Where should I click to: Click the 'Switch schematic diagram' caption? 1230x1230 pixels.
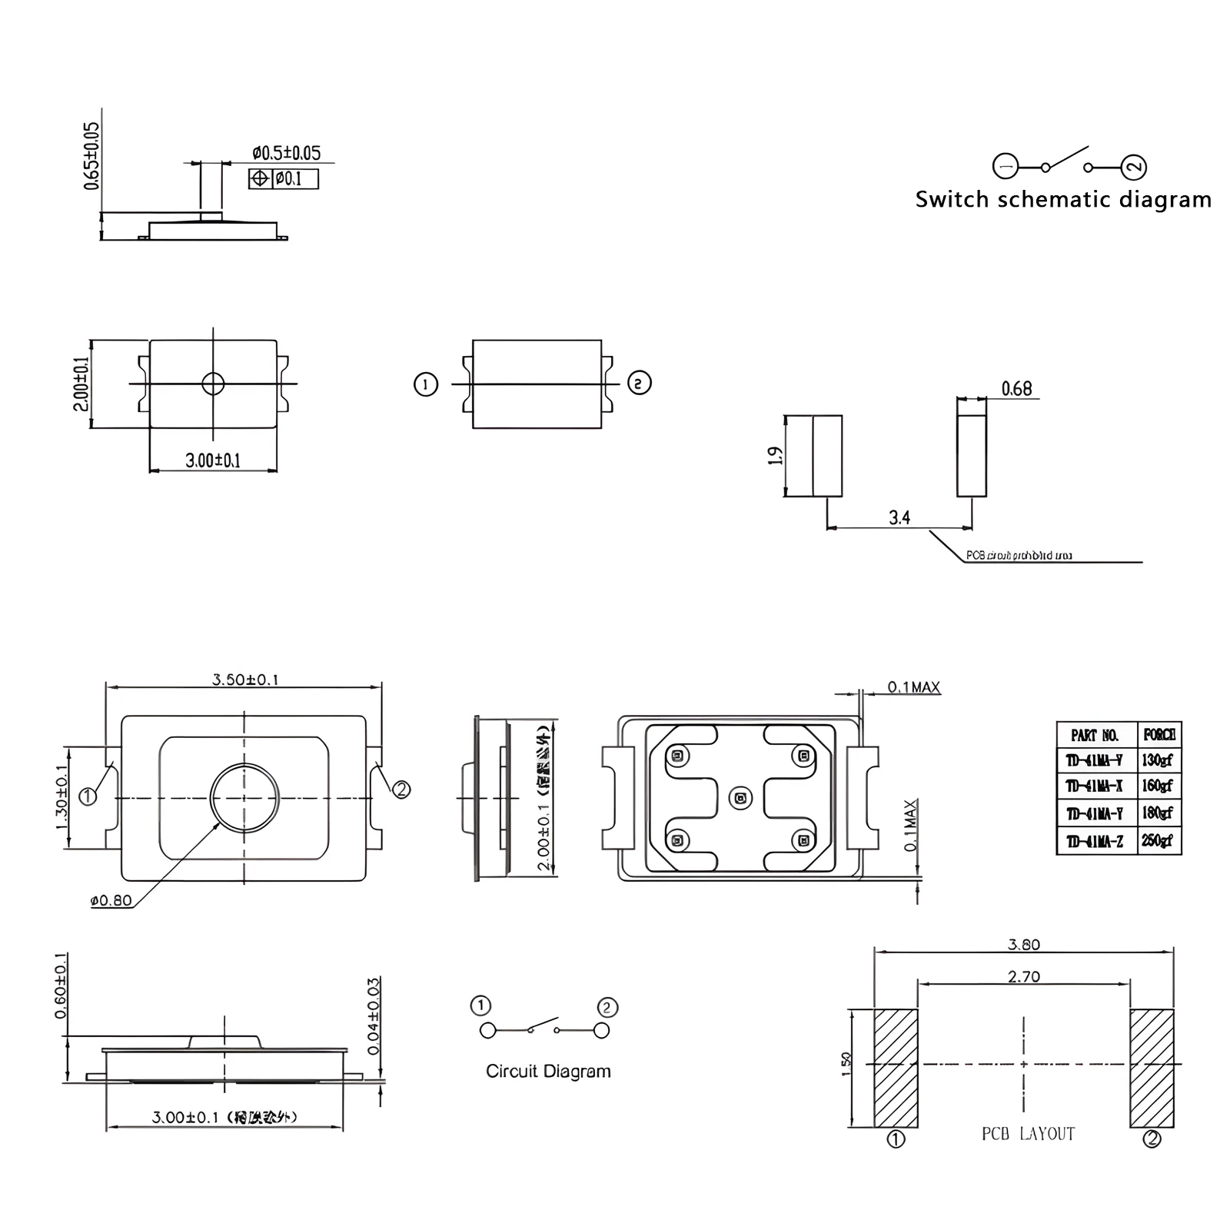1062,200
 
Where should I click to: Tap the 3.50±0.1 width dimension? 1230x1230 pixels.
245,680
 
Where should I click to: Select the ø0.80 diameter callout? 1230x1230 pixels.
111,900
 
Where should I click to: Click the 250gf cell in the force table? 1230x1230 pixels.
1157,841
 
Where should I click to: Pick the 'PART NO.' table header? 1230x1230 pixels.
1095,736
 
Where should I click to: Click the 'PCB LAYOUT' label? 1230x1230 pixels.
1028,1134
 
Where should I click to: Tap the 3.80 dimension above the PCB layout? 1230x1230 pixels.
1023,944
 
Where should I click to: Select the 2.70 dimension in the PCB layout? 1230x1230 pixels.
1023,976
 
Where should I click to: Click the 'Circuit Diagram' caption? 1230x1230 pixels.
548,1071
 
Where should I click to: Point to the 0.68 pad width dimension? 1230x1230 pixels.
1016,389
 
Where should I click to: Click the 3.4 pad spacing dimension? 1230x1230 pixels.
899,517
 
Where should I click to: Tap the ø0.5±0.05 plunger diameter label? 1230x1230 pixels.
286,153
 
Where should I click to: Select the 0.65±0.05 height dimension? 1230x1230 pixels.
91,156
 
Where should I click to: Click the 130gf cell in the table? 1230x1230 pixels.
1157,760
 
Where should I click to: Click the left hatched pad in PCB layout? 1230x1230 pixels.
896,1068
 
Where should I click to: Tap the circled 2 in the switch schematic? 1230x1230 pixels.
1134,167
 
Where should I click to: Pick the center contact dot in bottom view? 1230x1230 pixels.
740,799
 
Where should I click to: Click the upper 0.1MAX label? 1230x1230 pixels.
913,687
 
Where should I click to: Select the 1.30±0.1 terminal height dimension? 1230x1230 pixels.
61,798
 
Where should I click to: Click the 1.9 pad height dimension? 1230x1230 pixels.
776,456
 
